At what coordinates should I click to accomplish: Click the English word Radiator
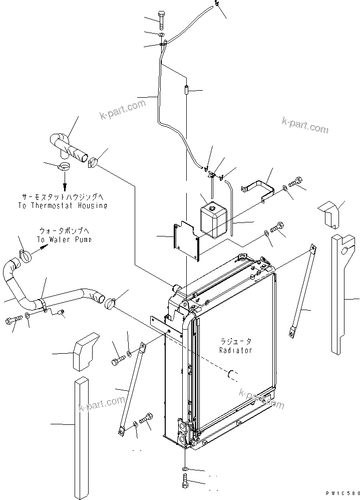click(235, 350)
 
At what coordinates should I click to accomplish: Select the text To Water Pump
click(65, 239)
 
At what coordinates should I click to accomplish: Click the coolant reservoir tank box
click(214, 219)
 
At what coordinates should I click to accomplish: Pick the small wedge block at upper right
click(331, 213)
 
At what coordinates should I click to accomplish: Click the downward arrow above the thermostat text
click(64, 179)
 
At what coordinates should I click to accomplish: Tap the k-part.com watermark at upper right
click(305, 125)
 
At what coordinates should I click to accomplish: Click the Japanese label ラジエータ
click(235, 341)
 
